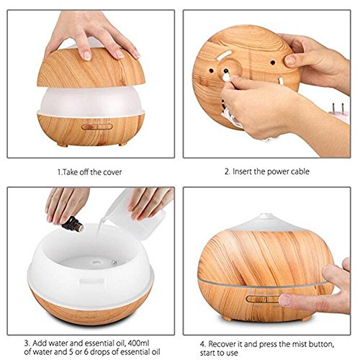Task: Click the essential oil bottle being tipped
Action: pyautogui.click(x=73, y=224)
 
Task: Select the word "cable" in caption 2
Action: pyautogui.click(x=300, y=171)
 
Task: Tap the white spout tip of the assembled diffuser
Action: pyautogui.click(x=266, y=215)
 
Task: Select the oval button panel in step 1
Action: pyautogui.click(x=97, y=127)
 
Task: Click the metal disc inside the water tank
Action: pyautogui.click(x=114, y=262)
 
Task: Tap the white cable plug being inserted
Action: pyautogui.click(x=226, y=76)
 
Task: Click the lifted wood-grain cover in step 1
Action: pyautogui.click(x=91, y=68)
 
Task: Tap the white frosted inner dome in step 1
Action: pyautogui.click(x=91, y=101)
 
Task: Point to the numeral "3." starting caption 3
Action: pyautogui.click(x=27, y=343)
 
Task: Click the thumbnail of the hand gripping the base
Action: pyautogui.click(x=290, y=60)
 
